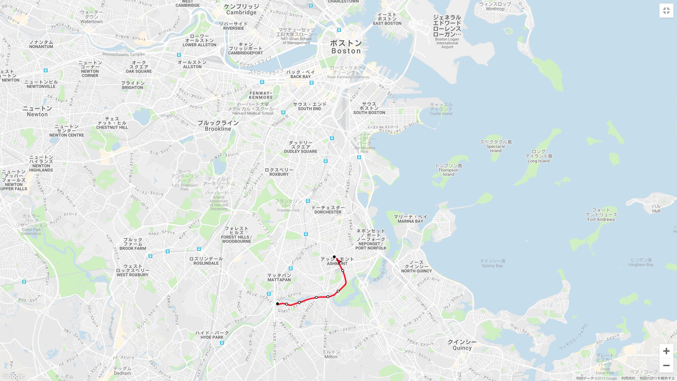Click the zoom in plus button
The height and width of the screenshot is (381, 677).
tap(666, 351)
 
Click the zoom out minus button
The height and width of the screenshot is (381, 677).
tap(666, 365)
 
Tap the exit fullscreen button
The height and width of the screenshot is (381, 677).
tap(666, 11)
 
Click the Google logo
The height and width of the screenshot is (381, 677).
tap(13, 376)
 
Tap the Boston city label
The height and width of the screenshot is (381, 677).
tap(346, 47)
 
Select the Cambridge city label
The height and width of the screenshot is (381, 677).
tap(242, 10)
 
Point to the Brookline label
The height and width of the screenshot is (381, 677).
tap(218, 126)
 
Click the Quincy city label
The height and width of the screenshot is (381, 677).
tap(462, 345)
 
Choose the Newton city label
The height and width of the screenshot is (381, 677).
tap(37, 111)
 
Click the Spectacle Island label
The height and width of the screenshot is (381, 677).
tap(496, 146)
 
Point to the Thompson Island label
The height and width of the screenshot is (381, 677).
tap(449, 170)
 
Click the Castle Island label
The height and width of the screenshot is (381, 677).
tap(441, 109)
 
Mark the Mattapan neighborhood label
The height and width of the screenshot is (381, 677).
tap(279, 277)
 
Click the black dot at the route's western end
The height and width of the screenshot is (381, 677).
tap(277, 304)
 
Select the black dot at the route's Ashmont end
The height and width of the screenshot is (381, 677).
tap(334, 257)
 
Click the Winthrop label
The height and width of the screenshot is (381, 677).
tap(495, 6)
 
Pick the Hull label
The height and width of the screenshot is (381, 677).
tap(656, 208)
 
